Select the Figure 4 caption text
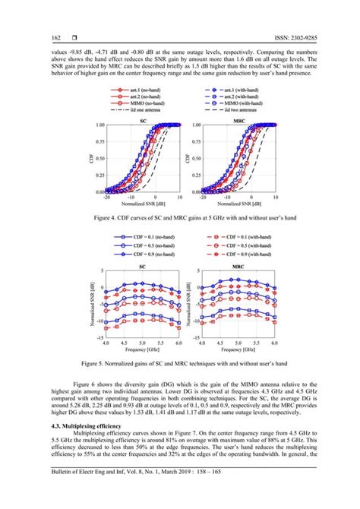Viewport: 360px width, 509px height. coord(180,218)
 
